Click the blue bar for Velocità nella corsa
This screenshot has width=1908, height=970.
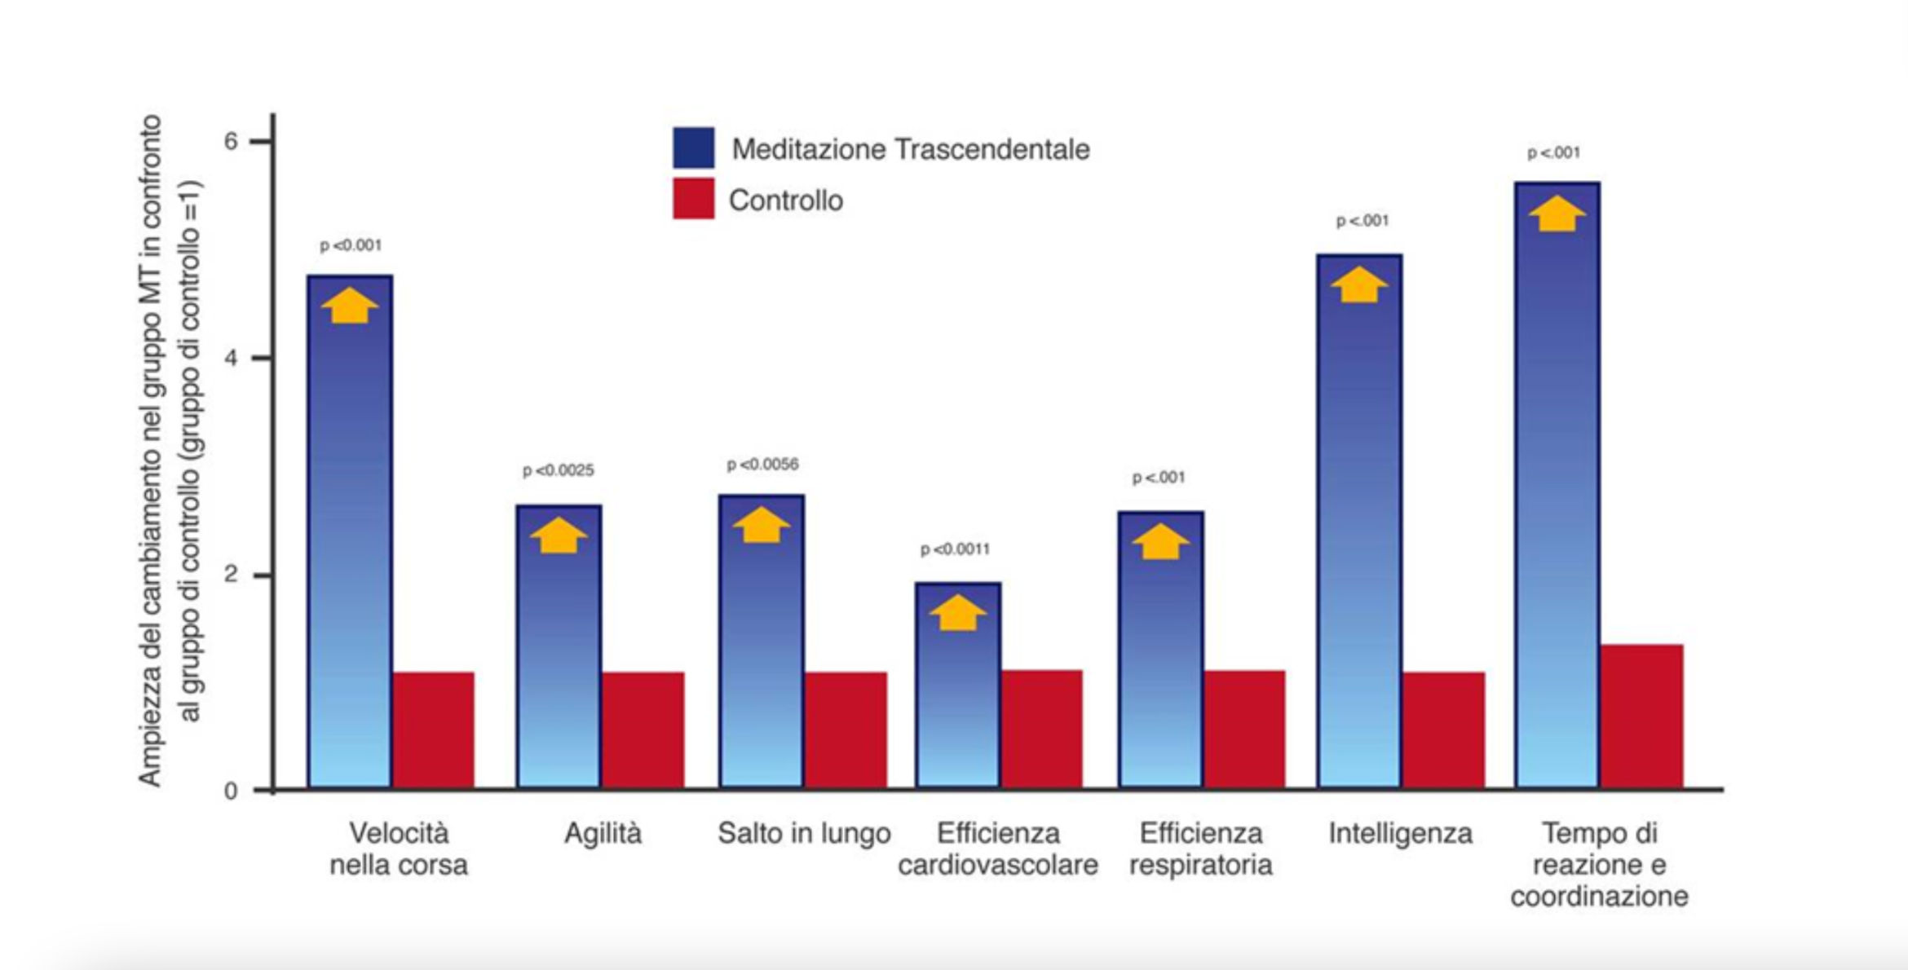pyautogui.click(x=350, y=538)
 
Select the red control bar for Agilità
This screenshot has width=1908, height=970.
pyautogui.click(x=643, y=730)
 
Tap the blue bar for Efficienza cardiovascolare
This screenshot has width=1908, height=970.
pyautogui.click(x=957, y=693)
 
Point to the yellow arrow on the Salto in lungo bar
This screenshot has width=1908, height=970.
pyautogui.click(x=762, y=526)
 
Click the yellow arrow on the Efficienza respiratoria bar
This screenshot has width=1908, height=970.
pyautogui.click(x=1159, y=542)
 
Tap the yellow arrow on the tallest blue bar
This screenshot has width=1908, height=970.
pyautogui.click(x=1557, y=214)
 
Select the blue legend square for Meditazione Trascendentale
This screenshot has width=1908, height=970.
pyautogui.click(x=693, y=148)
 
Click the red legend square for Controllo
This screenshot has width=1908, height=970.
pyautogui.click(x=693, y=199)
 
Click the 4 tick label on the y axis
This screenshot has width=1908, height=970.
pyautogui.click(x=232, y=358)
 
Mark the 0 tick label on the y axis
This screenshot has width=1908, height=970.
pyautogui.click(x=232, y=791)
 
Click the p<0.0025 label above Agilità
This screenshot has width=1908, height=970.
pyautogui.click(x=559, y=470)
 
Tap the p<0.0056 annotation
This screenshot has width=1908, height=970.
pyautogui.click(x=762, y=465)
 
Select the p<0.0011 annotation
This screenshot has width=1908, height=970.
pyautogui.click(x=955, y=549)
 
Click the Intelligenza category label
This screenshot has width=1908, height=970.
pyautogui.click(x=1400, y=834)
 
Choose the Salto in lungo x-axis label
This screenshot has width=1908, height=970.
pyautogui.click(x=804, y=834)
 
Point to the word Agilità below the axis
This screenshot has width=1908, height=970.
pyautogui.click(x=603, y=834)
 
